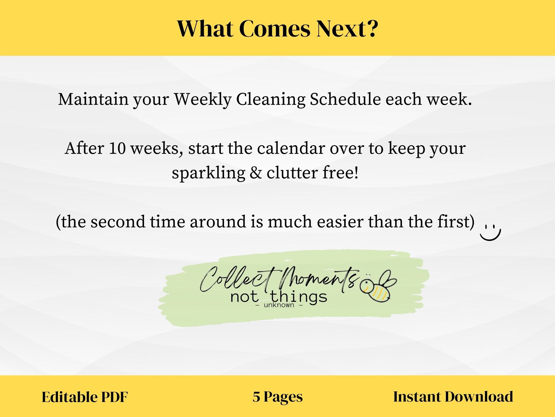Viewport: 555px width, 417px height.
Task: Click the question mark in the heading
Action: tap(371, 29)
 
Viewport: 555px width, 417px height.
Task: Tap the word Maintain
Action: tap(93, 99)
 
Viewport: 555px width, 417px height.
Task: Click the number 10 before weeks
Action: tap(117, 148)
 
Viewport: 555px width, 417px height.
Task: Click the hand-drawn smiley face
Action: tap(490, 231)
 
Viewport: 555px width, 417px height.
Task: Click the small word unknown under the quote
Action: tap(279, 305)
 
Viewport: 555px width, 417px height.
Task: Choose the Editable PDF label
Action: tap(85, 397)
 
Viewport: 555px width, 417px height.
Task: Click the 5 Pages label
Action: tap(277, 397)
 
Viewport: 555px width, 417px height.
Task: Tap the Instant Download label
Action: tap(453, 397)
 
